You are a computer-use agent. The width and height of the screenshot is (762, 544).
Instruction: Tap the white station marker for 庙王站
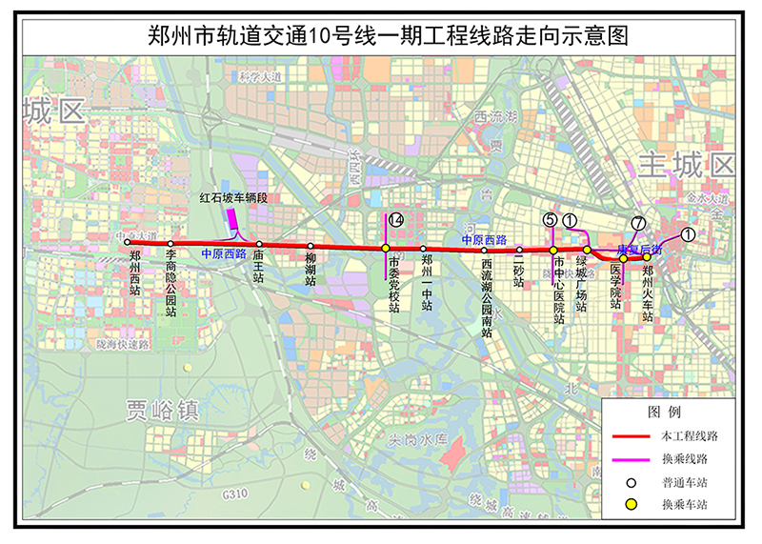259,245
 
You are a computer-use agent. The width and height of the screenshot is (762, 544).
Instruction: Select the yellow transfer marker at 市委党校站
385,249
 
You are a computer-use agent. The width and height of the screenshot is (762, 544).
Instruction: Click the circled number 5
550,219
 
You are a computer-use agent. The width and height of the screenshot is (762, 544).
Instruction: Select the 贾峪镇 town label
162,411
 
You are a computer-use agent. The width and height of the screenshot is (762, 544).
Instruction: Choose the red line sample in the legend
632,435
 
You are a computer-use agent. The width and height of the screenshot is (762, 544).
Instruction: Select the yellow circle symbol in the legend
631,503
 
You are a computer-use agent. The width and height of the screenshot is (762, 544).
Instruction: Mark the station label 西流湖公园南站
487,292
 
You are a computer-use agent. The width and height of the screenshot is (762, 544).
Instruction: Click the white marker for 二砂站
519,249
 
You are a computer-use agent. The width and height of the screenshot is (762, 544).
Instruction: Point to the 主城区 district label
689,163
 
